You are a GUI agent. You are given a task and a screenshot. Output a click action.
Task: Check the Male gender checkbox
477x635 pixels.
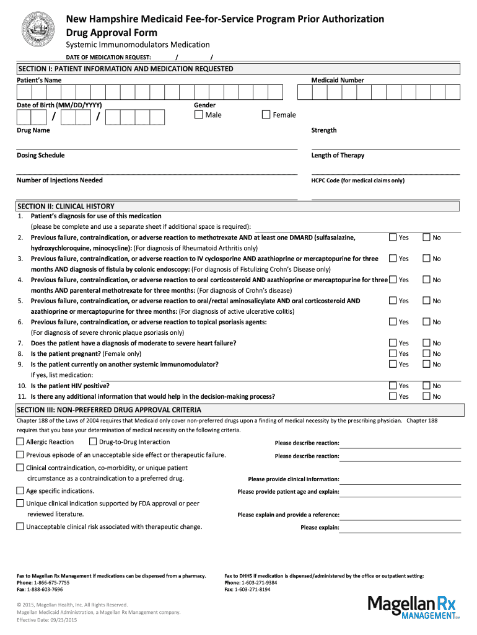pyautogui.click(x=199, y=115)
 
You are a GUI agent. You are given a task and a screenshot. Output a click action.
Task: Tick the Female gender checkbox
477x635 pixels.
pyautogui.click(x=266, y=115)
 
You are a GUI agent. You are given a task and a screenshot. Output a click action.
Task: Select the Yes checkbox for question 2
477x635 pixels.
pyautogui.click(x=392, y=238)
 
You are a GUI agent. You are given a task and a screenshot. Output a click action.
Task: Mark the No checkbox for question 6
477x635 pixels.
pyautogui.click(x=426, y=322)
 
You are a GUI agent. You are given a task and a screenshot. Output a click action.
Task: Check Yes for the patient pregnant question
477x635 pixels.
pyautogui.click(x=392, y=353)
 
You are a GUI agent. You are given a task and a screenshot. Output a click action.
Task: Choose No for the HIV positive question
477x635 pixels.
pyautogui.click(x=426, y=386)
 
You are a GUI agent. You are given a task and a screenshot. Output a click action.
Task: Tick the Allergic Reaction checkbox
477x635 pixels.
pyautogui.click(x=20, y=442)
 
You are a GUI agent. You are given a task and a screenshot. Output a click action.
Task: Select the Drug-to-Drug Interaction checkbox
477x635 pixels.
pyautogui.click(x=93, y=442)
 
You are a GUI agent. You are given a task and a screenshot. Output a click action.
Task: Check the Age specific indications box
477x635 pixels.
pyautogui.click(x=20, y=491)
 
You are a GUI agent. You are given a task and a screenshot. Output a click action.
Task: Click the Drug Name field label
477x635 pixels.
pyautogui.click(x=33, y=130)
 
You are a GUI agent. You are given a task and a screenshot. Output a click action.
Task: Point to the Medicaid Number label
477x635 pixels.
pyautogui.click(x=338, y=80)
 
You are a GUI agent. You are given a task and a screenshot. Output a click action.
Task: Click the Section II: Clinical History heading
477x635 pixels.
pyautogui.click(x=65, y=206)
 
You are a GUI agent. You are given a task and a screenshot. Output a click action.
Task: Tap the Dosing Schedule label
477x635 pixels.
pyautogui.click(x=41, y=155)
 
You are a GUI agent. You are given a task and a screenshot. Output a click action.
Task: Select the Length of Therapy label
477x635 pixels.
pyautogui.click(x=338, y=155)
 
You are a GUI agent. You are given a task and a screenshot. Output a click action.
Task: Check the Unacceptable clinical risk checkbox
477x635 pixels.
pyautogui.click(x=20, y=527)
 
